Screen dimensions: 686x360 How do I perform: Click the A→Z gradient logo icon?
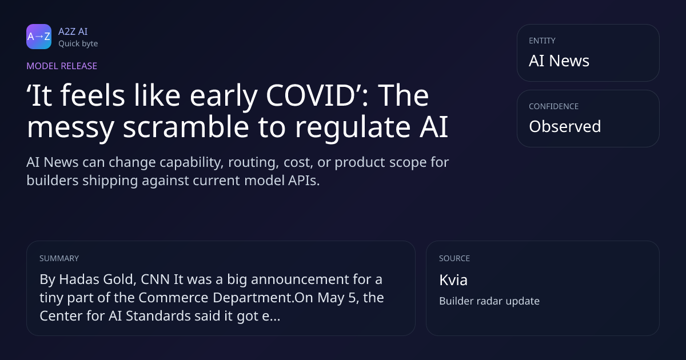point(39,37)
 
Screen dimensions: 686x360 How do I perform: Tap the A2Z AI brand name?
point(73,31)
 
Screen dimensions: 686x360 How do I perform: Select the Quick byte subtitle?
point(78,43)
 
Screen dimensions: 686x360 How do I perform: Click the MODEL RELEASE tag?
point(62,66)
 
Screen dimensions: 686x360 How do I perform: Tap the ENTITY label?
point(542,41)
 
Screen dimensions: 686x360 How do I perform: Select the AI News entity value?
point(559,61)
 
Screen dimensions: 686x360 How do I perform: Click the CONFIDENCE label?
point(553,106)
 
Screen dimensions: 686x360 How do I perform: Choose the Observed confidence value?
point(565,126)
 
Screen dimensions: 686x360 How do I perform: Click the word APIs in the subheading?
point(304,181)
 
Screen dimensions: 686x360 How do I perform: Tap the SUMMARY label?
point(59,258)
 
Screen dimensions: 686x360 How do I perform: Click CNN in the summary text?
point(155,279)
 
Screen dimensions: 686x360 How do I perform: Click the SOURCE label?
point(454,258)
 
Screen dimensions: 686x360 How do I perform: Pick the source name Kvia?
point(453,280)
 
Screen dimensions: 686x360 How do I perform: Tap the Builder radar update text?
point(489,301)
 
